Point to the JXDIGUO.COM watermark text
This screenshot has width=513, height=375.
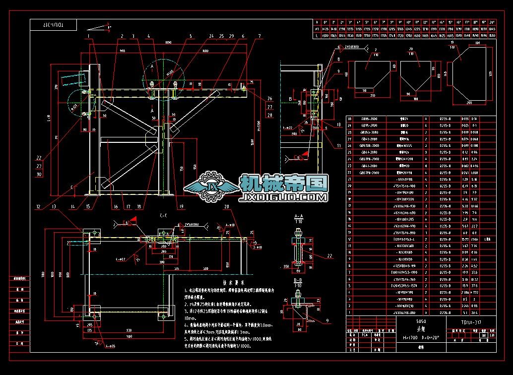(x=283, y=197)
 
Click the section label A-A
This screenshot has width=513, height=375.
(x=299, y=216)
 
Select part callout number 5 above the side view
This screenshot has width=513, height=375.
(x=190, y=36)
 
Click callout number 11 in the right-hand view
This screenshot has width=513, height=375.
(x=339, y=145)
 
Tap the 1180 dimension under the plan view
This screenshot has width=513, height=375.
(x=129, y=337)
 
